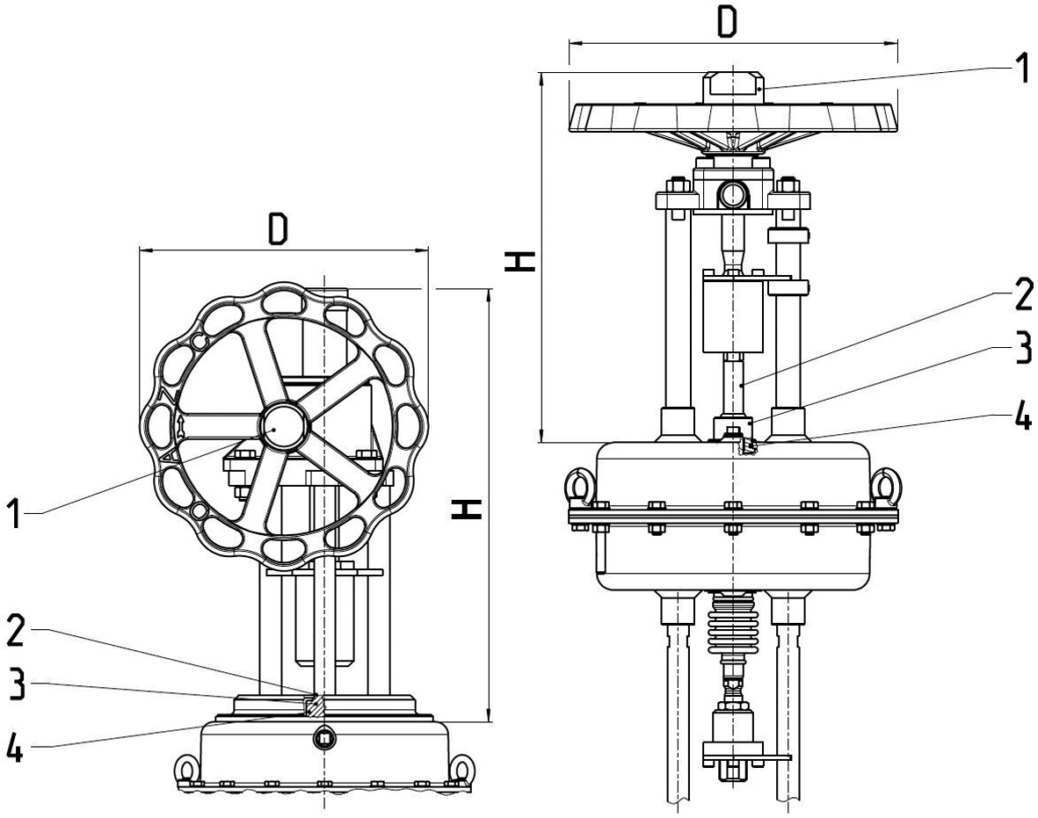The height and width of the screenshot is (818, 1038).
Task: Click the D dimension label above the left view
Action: click(x=278, y=229)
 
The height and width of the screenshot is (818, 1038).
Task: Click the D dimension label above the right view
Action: click(x=726, y=21)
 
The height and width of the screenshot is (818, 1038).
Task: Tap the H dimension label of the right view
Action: click(x=521, y=261)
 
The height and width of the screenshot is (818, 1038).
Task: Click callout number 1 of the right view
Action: click(x=1021, y=68)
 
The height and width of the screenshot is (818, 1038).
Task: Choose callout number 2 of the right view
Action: click(x=1021, y=296)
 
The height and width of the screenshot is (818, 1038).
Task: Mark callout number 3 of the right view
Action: click(x=1021, y=349)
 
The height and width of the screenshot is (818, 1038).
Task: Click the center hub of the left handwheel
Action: click(x=283, y=426)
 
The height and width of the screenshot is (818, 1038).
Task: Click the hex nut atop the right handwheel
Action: click(x=732, y=87)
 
